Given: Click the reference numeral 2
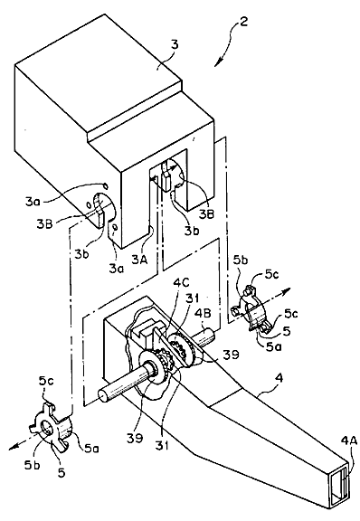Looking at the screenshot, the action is (x=243, y=23).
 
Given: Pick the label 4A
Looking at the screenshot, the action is (x=349, y=440).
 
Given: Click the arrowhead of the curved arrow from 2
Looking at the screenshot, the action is (x=217, y=63).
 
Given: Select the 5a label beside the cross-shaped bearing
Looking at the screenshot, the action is (x=90, y=449).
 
